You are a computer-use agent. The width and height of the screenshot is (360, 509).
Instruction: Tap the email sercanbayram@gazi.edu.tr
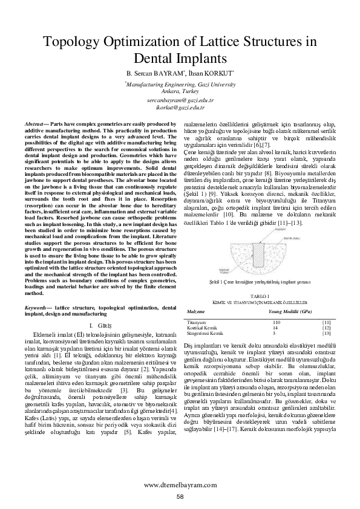point(180,99)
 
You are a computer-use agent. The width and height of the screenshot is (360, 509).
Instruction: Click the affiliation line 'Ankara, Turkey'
point(180,90)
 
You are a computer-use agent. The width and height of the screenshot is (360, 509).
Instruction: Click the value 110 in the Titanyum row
point(277,322)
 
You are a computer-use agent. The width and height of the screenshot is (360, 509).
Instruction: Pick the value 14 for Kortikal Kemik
point(275,328)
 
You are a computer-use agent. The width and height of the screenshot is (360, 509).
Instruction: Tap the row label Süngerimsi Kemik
point(206,333)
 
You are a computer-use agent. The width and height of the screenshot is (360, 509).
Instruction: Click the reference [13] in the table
point(326,333)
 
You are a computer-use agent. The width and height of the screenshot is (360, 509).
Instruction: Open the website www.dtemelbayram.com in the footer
point(180,485)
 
